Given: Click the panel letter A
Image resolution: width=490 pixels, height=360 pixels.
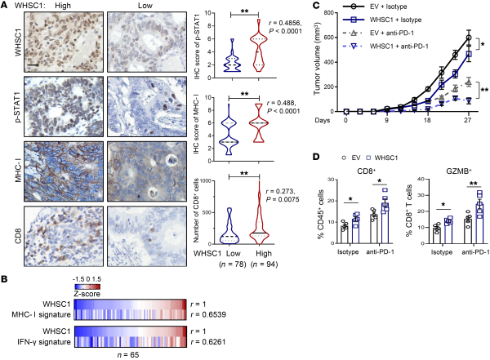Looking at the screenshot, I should pos(6,7).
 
